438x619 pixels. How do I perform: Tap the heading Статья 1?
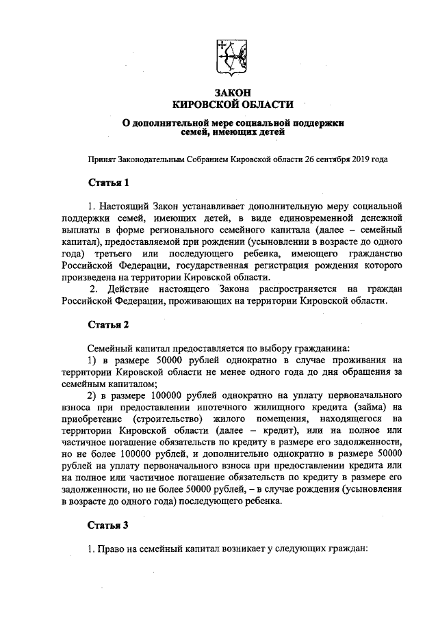(109, 183)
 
